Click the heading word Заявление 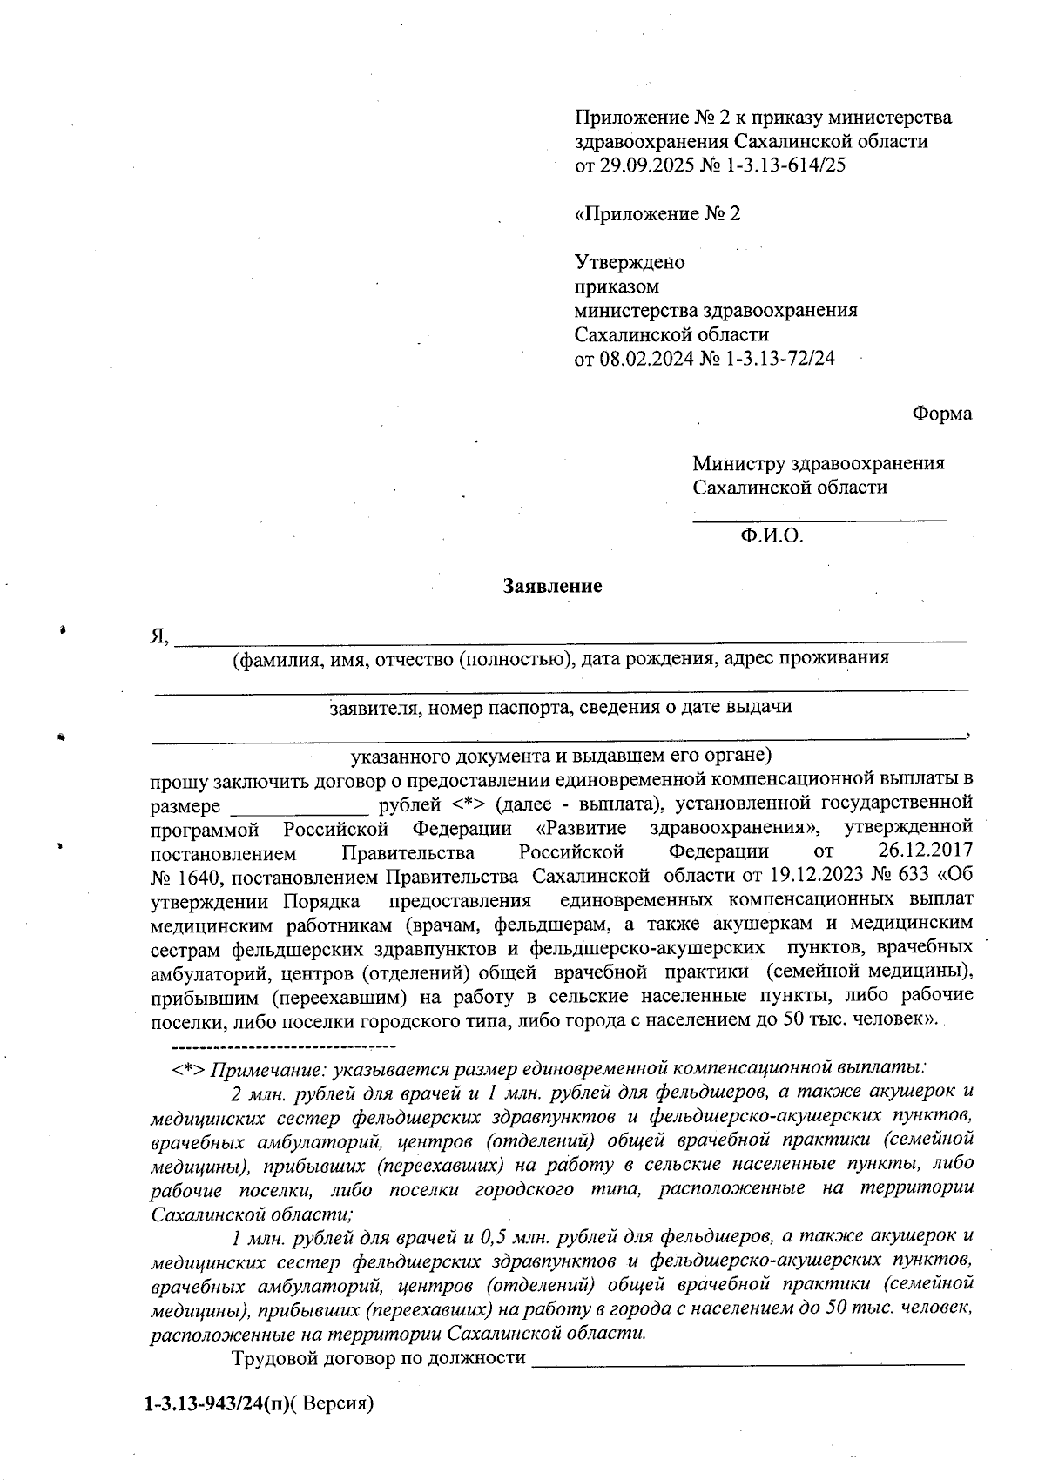(553, 587)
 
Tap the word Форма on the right (942, 414)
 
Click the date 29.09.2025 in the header (646, 165)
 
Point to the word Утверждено (630, 263)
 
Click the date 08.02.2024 (646, 359)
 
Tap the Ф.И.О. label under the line (772, 536)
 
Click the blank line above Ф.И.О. (819, 520)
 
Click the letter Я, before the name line (158, 637)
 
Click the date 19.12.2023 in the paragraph (807, 874)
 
